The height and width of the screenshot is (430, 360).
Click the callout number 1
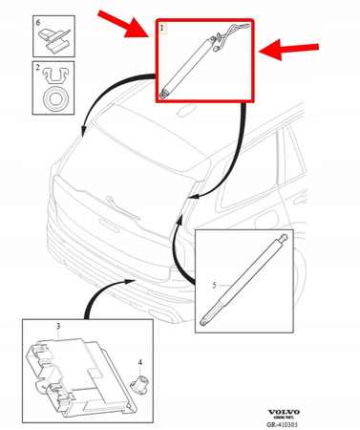[163, 30]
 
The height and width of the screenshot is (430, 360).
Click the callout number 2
[36, 70]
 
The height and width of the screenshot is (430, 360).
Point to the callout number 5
[215, 284]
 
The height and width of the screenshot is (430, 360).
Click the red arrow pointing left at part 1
[292, 49]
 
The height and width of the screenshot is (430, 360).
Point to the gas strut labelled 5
[244, 278]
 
